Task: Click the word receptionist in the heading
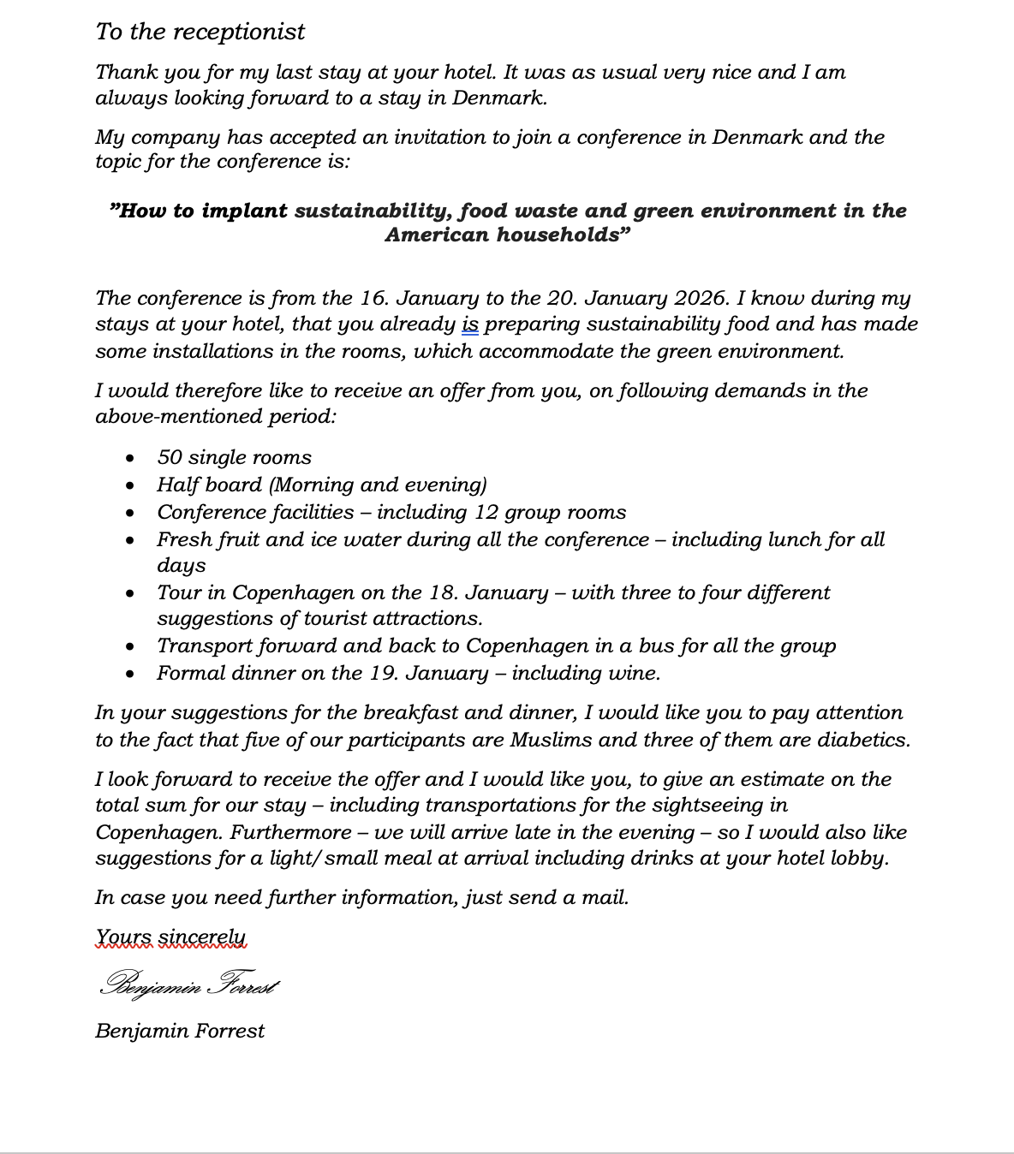[251, 32]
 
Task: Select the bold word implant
[244, 211]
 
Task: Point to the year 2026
[701, 298]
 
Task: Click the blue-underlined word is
[469, 324]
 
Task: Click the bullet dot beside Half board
[129, 485]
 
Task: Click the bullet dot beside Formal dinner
[129, 674]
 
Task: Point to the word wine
[633, 673]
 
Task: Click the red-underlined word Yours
[124, 938]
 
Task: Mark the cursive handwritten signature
[189, 984]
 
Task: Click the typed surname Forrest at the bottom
[229, 1031]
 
